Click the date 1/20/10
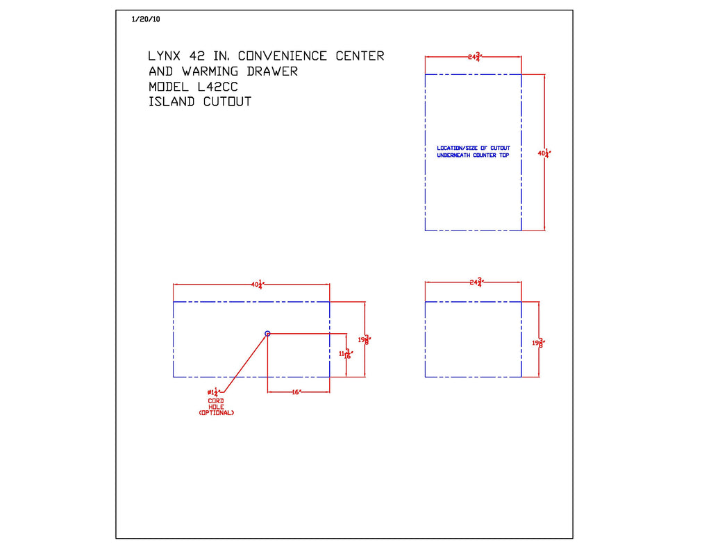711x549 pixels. [x=146, y=19]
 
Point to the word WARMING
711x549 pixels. [x=210, y=71]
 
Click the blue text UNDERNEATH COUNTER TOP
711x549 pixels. [x=473, y=155]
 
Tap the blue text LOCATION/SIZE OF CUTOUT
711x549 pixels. [x=473, y=148]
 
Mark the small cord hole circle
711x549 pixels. [x=267, y=334]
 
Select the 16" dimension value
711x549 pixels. [x=295, y=392]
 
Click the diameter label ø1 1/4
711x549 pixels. [x=212, y=393]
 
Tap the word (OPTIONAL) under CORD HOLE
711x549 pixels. [x=216, y=413]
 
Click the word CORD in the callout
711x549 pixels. [x=216, y=400]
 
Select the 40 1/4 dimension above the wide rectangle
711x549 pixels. [x=258, y=284]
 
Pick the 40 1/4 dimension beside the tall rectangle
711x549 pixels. [x=544, y=153]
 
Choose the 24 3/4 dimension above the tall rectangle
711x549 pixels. [x=474, y=57]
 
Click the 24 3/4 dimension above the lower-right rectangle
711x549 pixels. [x=475, y=282]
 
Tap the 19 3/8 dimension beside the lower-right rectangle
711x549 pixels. [x=538, y=342]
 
